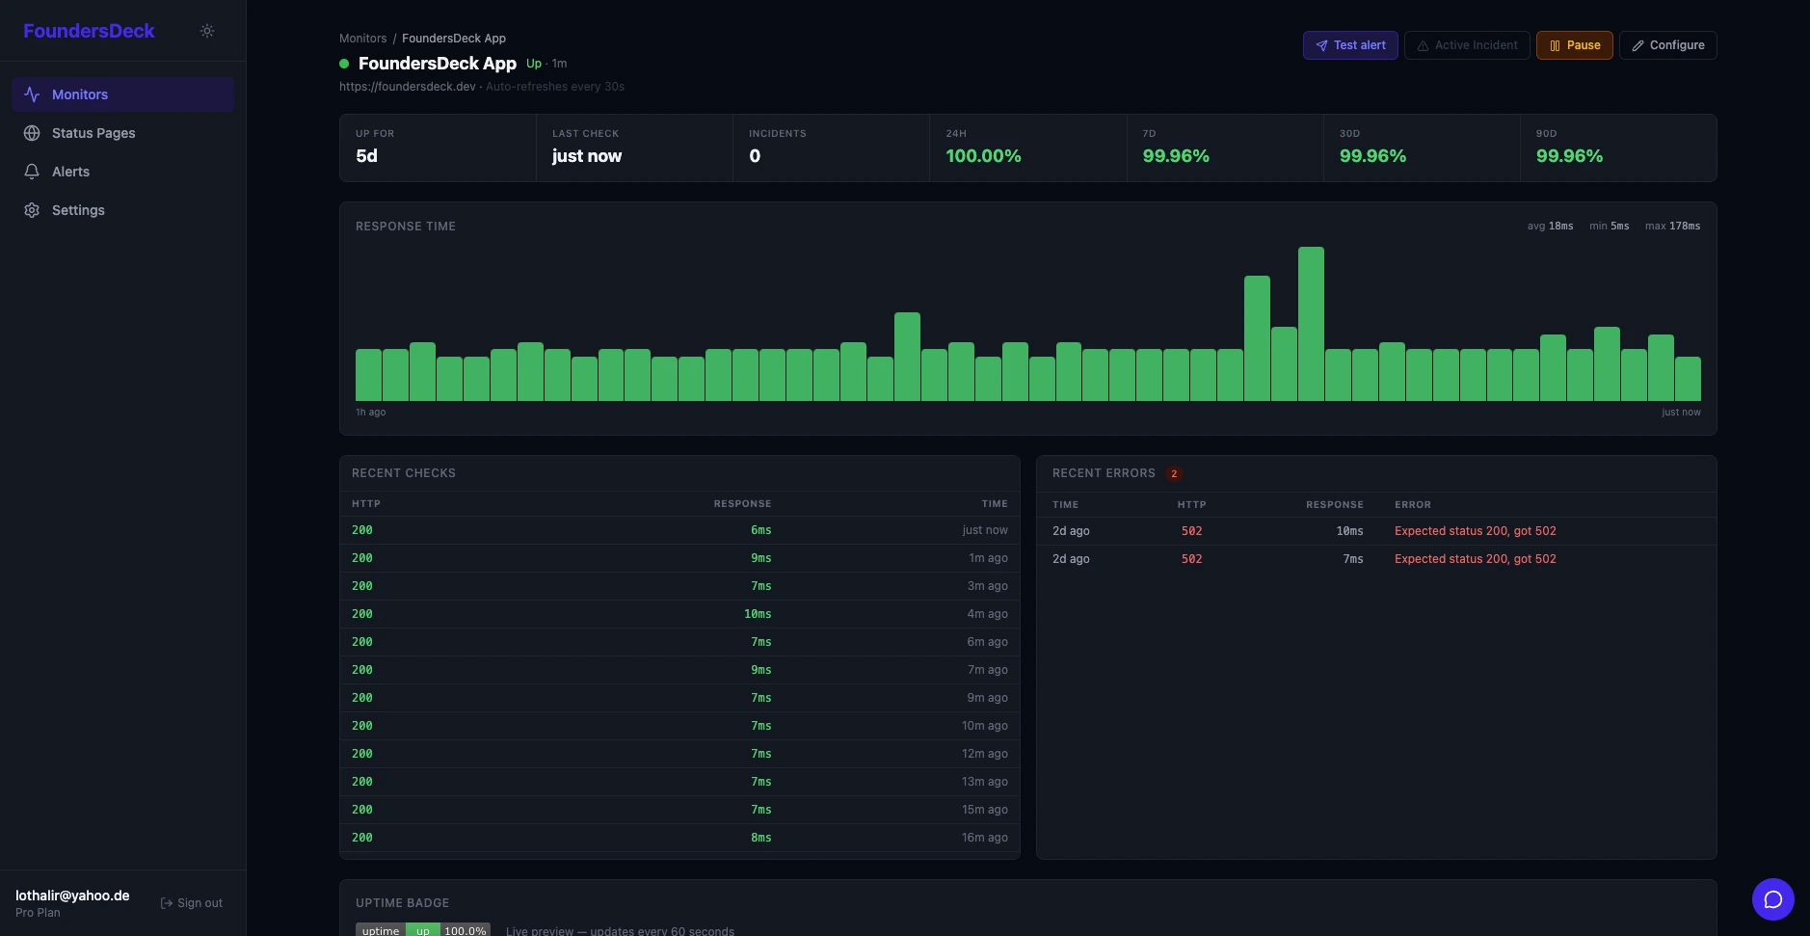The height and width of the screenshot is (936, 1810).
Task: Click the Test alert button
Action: tap(1349, 45)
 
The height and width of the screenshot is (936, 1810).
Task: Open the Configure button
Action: tap(1667, 45)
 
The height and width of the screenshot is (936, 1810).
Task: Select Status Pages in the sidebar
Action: tap(93, 133)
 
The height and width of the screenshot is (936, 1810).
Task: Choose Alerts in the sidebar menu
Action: tap(70, 172)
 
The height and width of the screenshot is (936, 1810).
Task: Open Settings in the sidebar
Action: tap(78, 210)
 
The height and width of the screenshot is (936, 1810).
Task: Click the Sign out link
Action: tap(192, 903)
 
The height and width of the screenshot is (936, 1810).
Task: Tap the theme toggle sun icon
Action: tap(207, 31)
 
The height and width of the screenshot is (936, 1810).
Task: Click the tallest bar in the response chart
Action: tap(1311, 324)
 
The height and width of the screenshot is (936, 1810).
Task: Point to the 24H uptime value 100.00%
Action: tap(983, 156)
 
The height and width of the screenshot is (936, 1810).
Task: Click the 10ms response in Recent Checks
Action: tap(758, 614)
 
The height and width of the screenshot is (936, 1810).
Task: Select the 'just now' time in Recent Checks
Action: tap(984, 530)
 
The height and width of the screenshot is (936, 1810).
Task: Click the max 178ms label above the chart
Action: tap(1672, 227)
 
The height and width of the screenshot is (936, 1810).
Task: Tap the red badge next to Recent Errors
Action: tap(1173, 473)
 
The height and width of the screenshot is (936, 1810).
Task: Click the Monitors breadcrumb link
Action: tap(362, 39)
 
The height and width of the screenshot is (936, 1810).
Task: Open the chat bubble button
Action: tap(1772, 899)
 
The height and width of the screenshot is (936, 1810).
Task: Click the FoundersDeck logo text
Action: tap(89, 31)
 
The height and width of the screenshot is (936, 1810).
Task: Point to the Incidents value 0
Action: tap(755, 156)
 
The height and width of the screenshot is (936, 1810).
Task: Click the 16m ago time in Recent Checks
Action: tap(984, 838)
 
